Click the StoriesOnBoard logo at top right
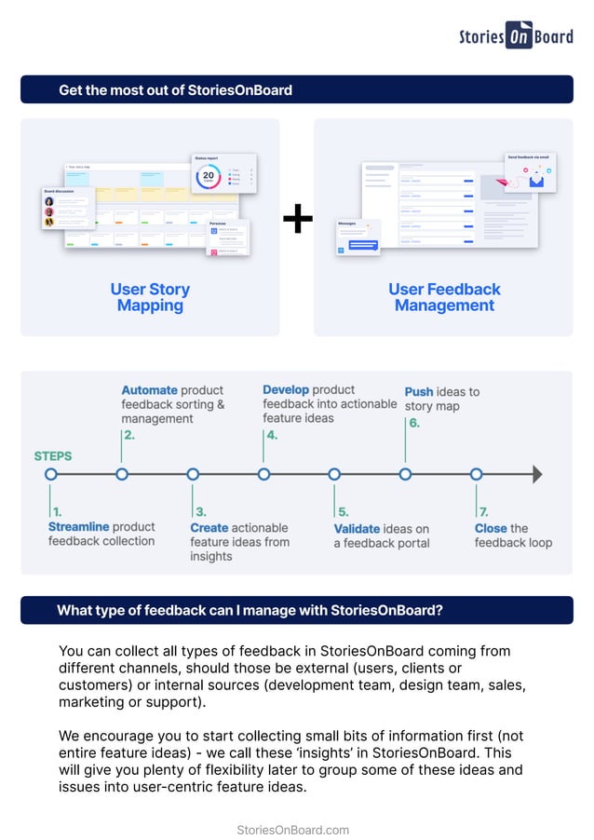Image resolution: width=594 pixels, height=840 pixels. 516,35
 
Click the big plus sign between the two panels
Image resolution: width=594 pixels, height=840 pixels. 297,221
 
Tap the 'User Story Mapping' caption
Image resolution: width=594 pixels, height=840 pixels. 150,297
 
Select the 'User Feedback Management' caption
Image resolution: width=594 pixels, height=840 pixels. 444,297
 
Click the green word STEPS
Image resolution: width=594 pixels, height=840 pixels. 53,456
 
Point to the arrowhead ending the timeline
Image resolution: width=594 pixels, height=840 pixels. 536,474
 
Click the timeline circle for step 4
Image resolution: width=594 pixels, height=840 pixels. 263,474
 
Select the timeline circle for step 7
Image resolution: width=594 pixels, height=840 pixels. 476,474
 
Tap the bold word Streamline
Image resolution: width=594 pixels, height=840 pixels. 78,527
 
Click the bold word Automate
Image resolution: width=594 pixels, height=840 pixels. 149,391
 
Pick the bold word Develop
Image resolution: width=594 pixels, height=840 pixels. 286,390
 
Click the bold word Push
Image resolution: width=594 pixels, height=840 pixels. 419,392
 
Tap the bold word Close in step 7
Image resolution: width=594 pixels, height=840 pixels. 491,528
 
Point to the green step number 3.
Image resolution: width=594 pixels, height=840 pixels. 200,512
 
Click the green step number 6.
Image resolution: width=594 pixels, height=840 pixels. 413,423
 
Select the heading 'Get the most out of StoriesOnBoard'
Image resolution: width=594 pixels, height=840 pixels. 175,90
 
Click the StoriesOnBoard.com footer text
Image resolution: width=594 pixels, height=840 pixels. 293,830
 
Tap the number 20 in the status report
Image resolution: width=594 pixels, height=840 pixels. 209,175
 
